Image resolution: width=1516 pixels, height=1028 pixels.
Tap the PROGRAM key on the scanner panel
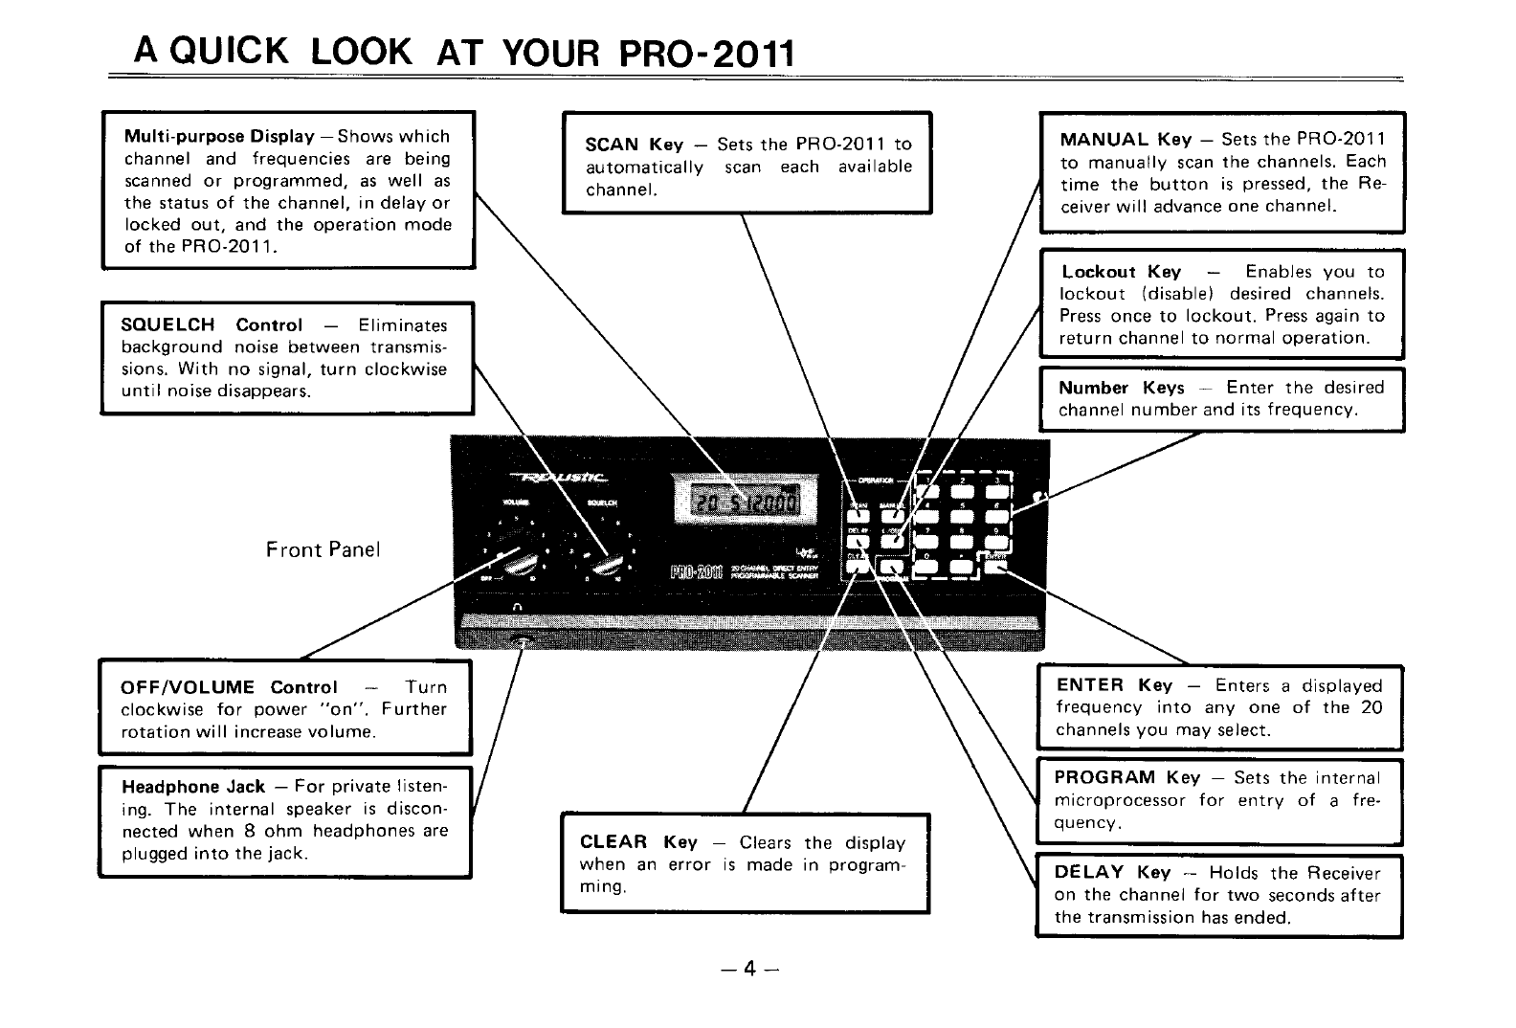click(x=896, y=567)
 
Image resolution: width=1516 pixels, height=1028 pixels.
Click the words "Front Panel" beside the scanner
click(x=323, y=549)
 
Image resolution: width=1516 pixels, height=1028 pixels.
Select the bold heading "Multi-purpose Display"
click(x=219, y=136)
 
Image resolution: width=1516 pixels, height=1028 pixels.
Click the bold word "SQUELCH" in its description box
click(x=167, y=324)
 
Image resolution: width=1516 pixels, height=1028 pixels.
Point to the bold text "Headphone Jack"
click(x=193, y=787)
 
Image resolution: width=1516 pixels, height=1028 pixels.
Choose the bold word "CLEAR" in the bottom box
click(x=613, y=842)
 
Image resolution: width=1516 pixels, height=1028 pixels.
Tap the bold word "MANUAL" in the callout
click(x=1104, y=140)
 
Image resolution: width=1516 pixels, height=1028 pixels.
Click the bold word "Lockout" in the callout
click(x=1098, y=272)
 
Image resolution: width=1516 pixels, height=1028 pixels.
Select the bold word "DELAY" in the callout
click(x=1088, y=872)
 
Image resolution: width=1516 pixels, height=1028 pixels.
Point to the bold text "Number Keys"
click(x=1121, y=388)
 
